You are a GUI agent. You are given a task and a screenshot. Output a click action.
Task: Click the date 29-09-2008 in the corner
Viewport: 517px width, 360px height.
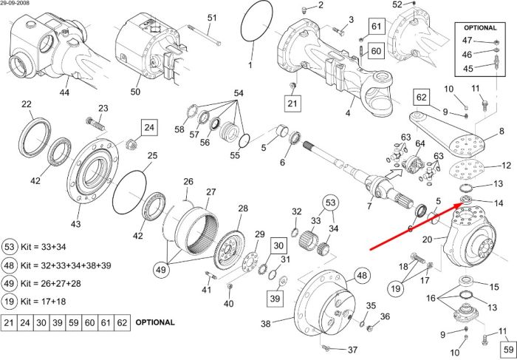click(15, 3)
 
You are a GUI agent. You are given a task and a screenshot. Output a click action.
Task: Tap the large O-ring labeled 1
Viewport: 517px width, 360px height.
click(257, 21)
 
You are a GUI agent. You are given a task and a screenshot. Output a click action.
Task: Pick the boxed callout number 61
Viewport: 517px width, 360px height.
click(377, 27)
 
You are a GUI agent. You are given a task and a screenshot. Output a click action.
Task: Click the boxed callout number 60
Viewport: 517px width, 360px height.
click(376, 51)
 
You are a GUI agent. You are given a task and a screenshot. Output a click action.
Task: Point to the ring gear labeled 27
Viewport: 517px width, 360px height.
click(197, 231)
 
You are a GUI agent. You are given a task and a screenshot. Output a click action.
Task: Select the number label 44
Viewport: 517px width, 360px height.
click(64, 92)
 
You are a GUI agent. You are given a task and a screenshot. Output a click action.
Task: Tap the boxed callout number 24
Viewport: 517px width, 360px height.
click(149, 128)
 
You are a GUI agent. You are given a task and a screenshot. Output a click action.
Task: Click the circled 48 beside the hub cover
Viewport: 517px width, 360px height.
click(362, 276)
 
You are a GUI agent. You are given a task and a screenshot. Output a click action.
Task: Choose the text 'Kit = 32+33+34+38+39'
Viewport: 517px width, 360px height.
click(66, 265)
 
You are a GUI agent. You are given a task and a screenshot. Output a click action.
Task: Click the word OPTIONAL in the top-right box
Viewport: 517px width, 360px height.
click(480, 28)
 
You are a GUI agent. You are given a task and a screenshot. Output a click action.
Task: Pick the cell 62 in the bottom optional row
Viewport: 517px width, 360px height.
click(122, 322)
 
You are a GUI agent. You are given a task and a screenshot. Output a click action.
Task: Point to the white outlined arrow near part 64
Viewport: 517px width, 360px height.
click(394, 173)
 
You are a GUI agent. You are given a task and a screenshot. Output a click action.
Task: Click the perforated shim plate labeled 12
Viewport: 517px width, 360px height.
click(467, 170)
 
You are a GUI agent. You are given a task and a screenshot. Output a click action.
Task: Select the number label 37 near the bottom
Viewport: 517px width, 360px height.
click(352, 350)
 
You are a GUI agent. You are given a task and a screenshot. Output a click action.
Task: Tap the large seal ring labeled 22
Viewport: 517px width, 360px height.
click(35, 137)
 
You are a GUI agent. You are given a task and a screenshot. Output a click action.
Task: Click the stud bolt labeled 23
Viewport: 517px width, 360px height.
click(95, 123)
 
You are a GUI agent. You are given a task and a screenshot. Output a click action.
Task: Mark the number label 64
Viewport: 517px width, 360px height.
click(420, 144)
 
